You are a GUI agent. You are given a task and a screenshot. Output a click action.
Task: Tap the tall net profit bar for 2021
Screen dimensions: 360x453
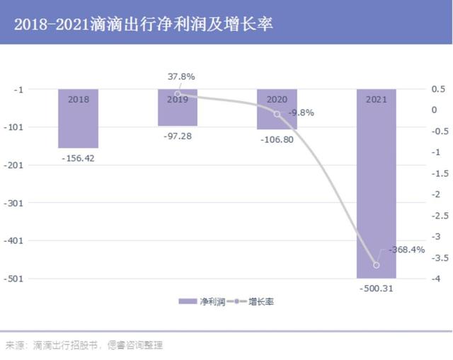click(376, 184)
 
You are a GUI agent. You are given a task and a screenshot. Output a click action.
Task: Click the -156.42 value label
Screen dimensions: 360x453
click(78, 158)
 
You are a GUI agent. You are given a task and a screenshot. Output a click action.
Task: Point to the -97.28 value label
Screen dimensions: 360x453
click(177, 135)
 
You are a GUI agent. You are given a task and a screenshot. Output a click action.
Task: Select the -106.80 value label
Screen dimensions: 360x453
click(277, 139)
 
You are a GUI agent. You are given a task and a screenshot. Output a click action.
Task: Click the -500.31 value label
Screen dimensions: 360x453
click(376, 288)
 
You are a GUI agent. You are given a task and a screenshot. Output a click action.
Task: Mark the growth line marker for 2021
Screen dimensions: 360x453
click(376, 265)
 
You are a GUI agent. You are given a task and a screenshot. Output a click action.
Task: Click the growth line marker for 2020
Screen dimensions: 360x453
click(277, 114)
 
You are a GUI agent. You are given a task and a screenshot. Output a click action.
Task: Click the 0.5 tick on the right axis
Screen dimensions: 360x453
click(439, 89)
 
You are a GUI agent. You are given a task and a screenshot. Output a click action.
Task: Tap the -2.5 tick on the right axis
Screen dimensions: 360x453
click(439, 215)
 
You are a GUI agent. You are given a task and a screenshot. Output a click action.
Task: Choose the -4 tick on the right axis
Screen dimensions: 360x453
click(439, 278)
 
